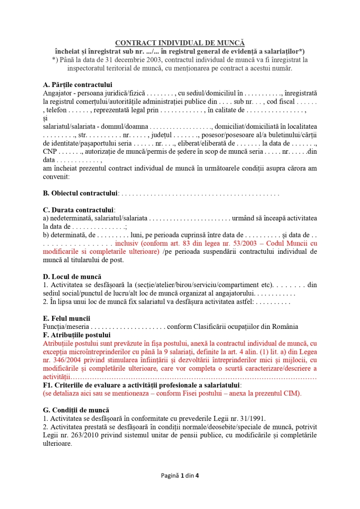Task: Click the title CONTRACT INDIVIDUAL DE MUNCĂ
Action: point(180,43)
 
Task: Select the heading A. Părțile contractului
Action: point(78,85)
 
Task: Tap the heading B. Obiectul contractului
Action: point(81,193)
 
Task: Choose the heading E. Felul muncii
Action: point(67,318)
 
